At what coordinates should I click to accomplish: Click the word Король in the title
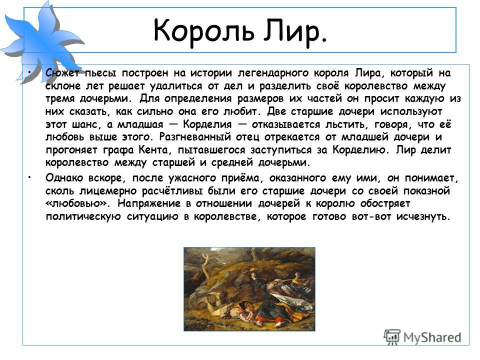pyautogui.click(x=204, y=30)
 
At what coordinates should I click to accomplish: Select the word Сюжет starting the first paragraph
pyautogui.click(x=62, y=73)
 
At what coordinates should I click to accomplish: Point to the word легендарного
pyautogui.click(x=273, y=73)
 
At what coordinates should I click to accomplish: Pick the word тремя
pyautogui.click(x=59, y=99)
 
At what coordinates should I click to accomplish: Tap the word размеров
pyautogui.click(x=260, y=99)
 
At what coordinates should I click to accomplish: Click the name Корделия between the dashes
pyautogui.click(x=207, y=124)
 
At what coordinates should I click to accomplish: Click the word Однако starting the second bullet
pyautogui.click(x=64, y=178)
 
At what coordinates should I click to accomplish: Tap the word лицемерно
pyautogui.click(x=108, y=191)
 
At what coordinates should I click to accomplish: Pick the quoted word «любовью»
pyautogui.click(x=78, y=203)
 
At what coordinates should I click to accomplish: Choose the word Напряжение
pyautogui.click(x=148, y=203)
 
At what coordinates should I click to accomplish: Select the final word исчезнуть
pyautogui.click(x=423, y=216)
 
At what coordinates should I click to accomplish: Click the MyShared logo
pyautogui.click(x=422, y=337)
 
